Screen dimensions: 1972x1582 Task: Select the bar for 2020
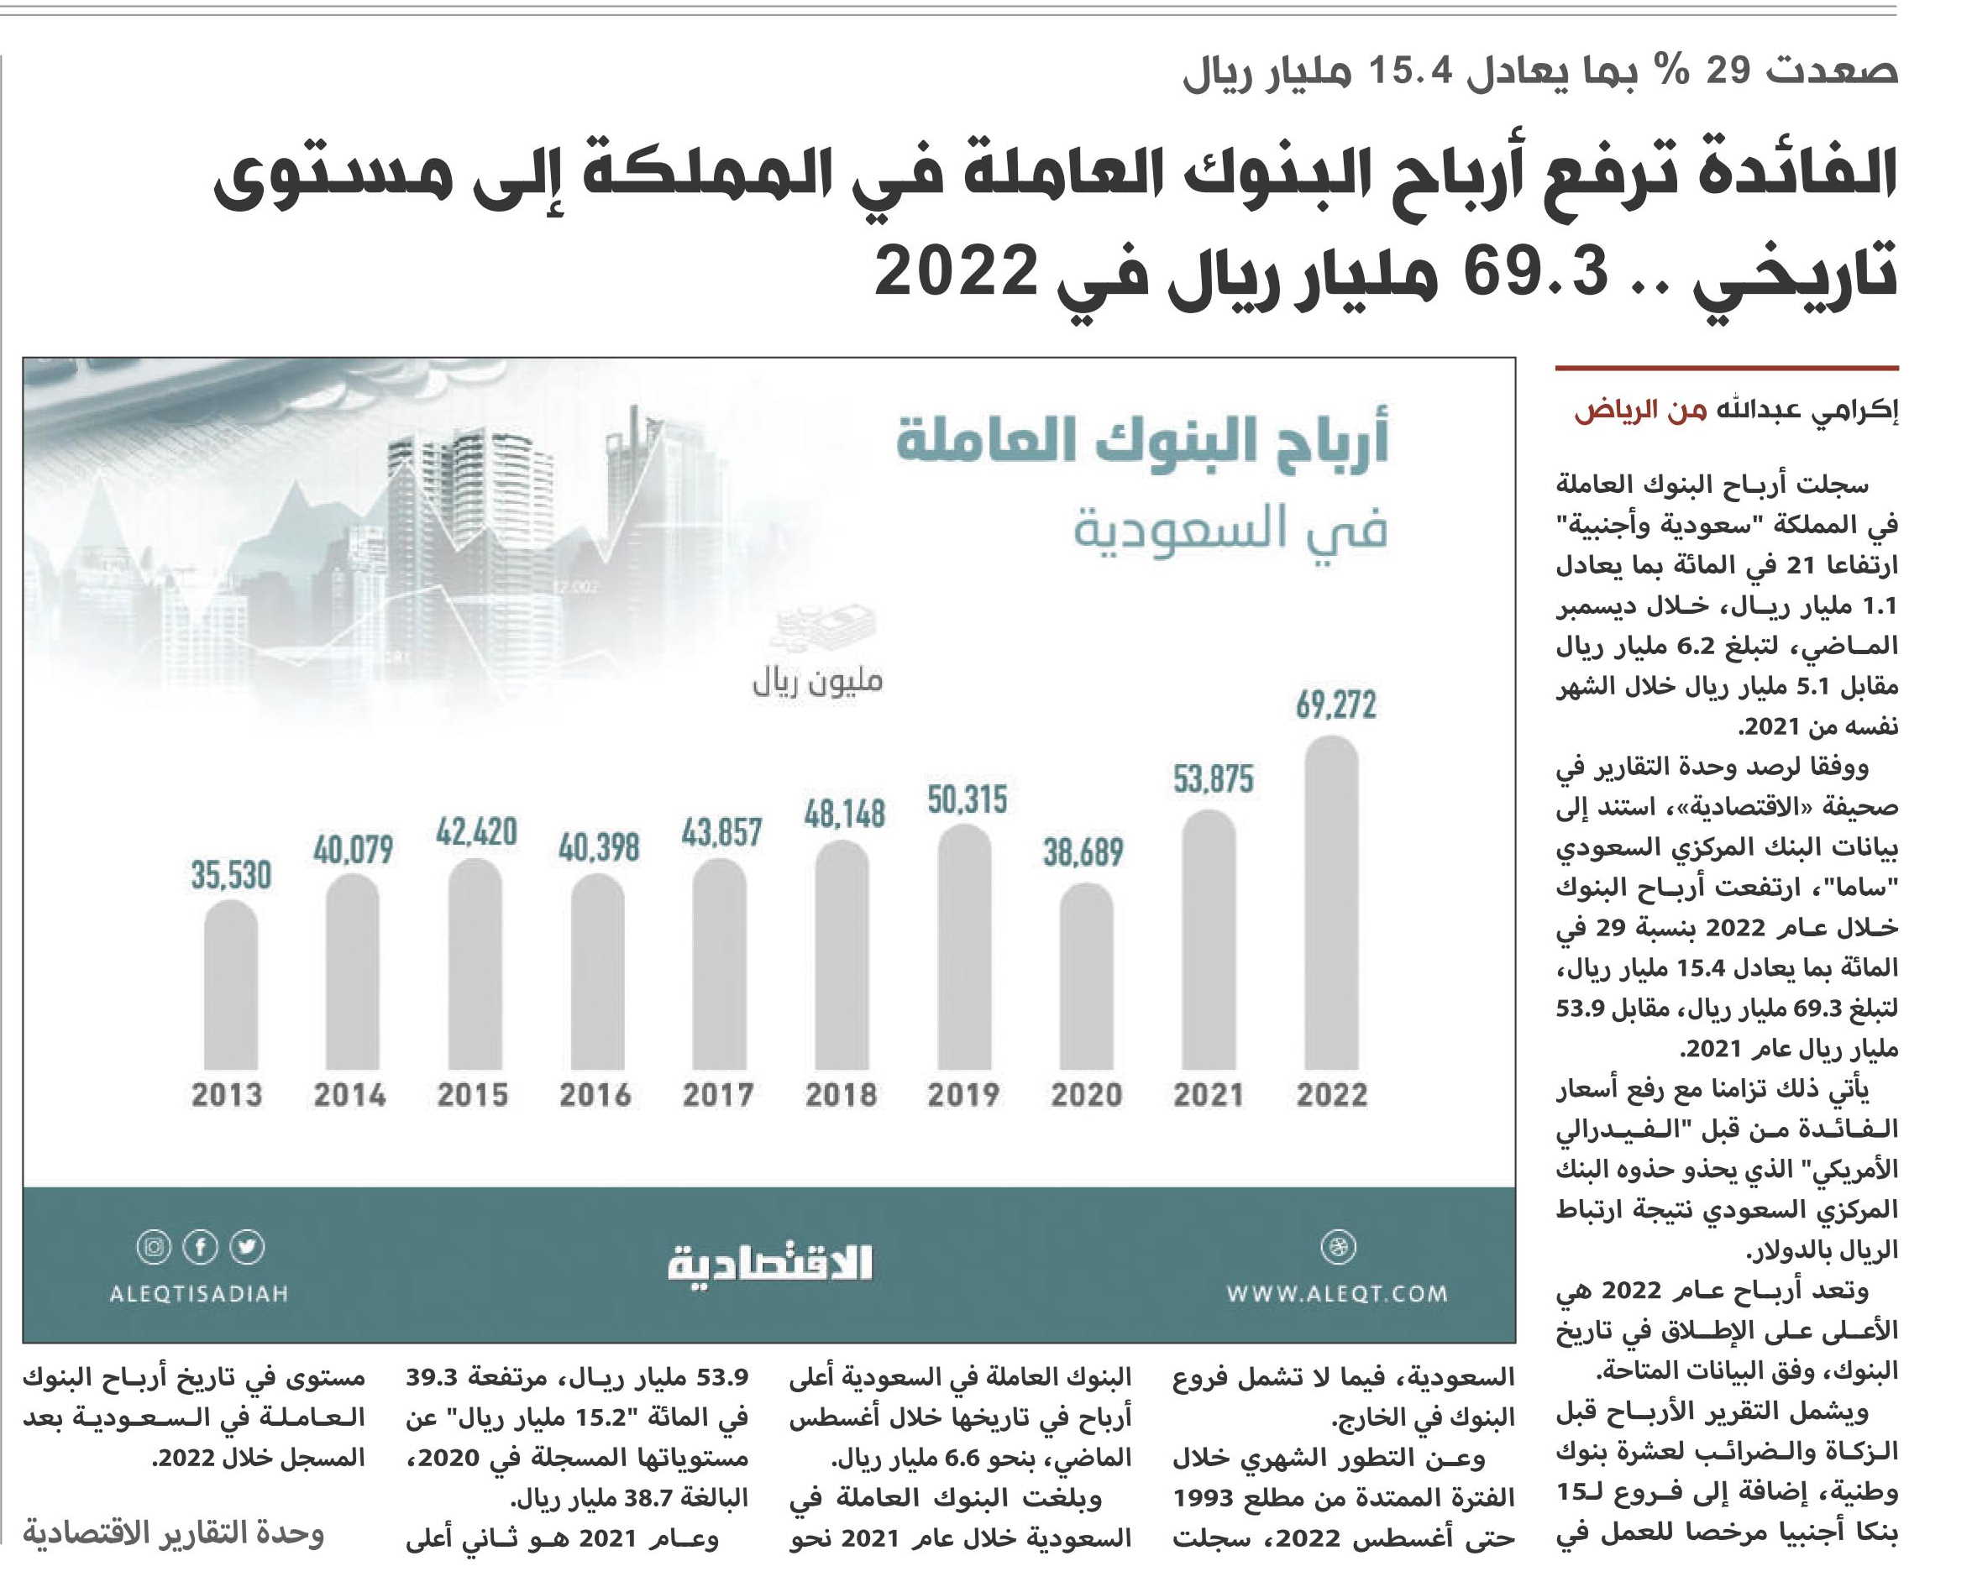click(1087, 976)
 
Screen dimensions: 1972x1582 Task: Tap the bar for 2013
click(230, 984)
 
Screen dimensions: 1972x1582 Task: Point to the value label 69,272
click(1335, 705)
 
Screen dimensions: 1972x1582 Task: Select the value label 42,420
click(476, 832)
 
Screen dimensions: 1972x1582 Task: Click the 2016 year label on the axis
click(595, 1095)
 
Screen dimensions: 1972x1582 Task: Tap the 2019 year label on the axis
click(963, 1095)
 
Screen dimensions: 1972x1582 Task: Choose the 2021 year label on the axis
click(1209, 1095)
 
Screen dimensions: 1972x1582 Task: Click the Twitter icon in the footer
click(247, 1247)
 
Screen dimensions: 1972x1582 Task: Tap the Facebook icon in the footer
click(201, 1247)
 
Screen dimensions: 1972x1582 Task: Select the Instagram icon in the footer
click(154, 1247)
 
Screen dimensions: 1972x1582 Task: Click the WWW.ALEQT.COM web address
click(1337, 1294)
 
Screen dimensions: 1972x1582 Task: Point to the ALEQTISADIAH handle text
click(198, 1294)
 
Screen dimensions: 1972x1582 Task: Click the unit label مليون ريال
click(817, 680)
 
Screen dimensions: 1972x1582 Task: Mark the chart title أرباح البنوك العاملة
click(1142, 441)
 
